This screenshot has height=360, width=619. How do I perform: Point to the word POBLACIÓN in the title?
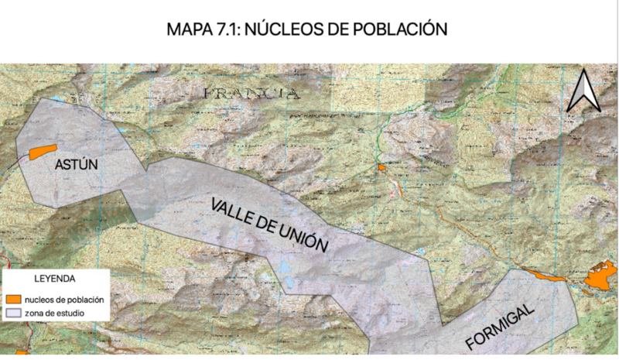point(406,29)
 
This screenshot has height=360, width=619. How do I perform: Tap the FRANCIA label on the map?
point(251,94)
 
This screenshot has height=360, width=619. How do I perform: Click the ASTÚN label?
point(76,166)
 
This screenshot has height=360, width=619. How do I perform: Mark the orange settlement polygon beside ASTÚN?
point(43,152)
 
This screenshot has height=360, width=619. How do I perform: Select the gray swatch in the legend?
point(13,313)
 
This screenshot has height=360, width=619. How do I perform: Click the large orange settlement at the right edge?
point(600,276)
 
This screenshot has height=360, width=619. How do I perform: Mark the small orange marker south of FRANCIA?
point(381,167)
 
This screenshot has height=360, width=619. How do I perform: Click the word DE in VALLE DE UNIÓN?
point(268,226)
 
